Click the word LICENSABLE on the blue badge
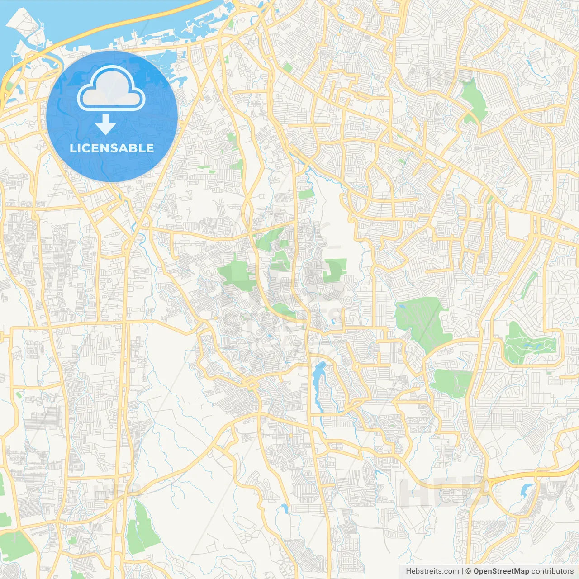point(112,148)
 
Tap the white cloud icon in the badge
point(111,90)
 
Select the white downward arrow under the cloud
point(105,124)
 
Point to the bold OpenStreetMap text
point(501,571)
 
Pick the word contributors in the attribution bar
point(552,571)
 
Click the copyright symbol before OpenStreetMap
point(469,571)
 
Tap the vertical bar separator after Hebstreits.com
point(462,571)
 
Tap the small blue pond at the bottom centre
point(285,509)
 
